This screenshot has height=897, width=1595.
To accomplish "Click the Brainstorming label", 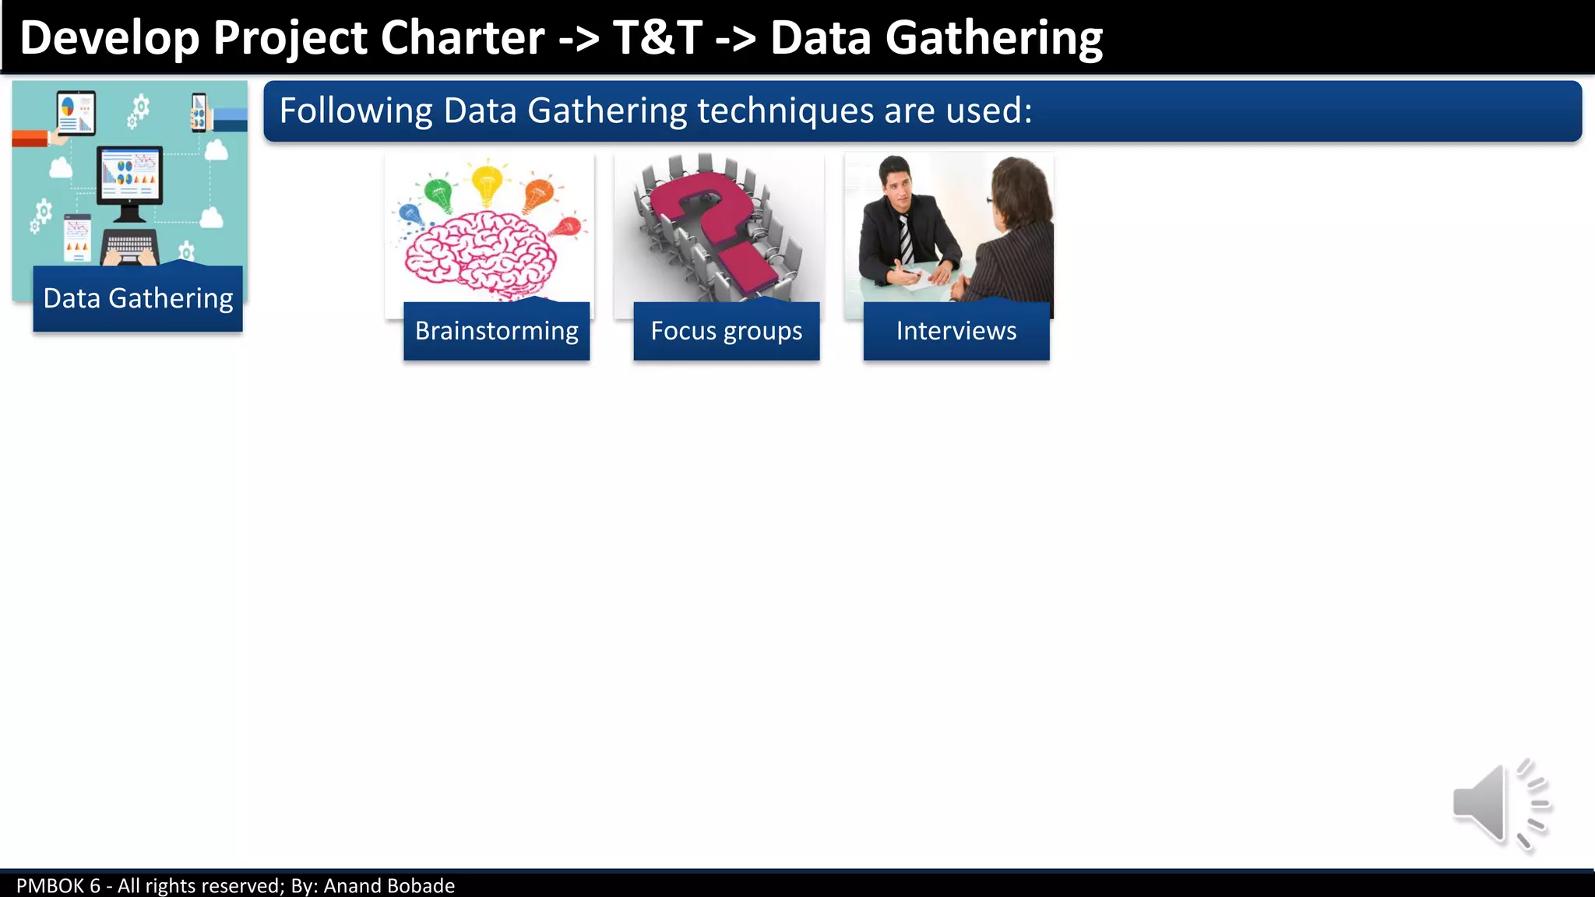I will coord(496,331).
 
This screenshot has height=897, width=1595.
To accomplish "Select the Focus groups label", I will coord(726,331).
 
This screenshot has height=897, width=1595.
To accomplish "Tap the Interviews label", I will coord(956,331).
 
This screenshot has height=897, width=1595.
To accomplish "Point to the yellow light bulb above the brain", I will coord(487,182).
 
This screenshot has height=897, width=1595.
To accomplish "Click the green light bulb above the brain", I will coord(438,193).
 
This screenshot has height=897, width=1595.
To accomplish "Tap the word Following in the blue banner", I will coord(355,111).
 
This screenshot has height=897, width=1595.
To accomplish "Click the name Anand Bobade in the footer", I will coord(389,885).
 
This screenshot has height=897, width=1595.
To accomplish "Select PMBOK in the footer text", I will coord(51,885).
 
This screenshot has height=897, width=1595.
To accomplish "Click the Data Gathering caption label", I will coord(138,298).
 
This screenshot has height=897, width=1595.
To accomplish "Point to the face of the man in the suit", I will coord(897,184).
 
